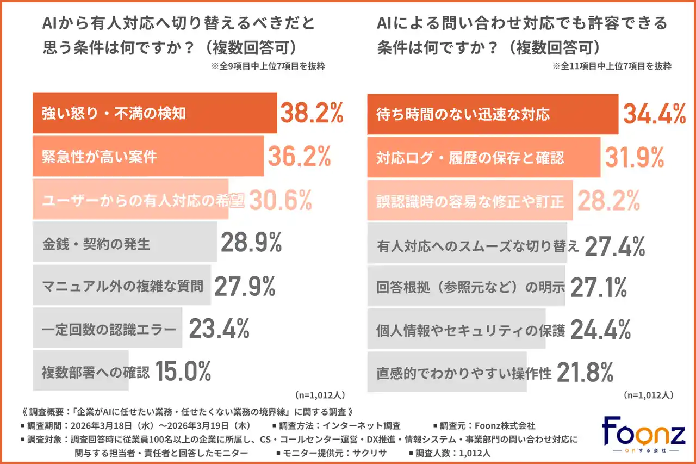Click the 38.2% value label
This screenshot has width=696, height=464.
coord(312,113)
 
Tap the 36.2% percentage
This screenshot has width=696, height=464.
coord(299,157)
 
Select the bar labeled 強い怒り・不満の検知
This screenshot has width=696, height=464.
coord(155,113)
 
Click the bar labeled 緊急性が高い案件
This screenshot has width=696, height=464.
coord(148,157)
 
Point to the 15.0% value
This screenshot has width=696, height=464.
coord(183,372)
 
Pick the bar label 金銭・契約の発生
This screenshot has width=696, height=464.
coord(96,244)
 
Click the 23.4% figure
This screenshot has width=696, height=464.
coord(219,329)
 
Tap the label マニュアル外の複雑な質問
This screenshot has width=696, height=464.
coord(123,286)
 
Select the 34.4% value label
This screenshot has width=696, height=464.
coord(654,113)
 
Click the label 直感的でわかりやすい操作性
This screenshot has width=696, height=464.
coord(464,374)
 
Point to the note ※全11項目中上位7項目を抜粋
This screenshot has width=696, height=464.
coord(612,67)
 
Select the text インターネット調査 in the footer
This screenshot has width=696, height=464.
coord(370,425)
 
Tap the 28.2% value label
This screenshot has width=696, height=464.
coord(608,201)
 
